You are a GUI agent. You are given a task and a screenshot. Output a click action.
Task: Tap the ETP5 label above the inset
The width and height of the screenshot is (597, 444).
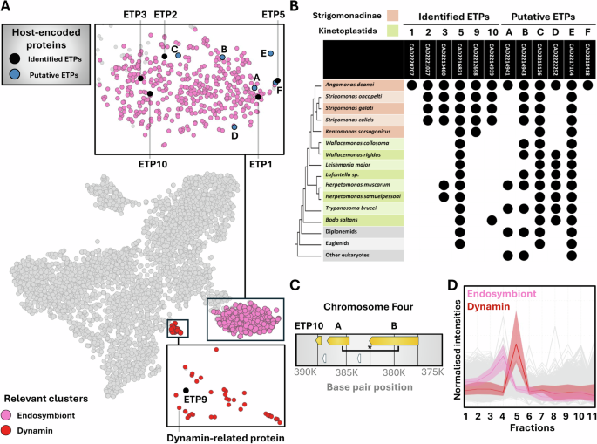point(273,15)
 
